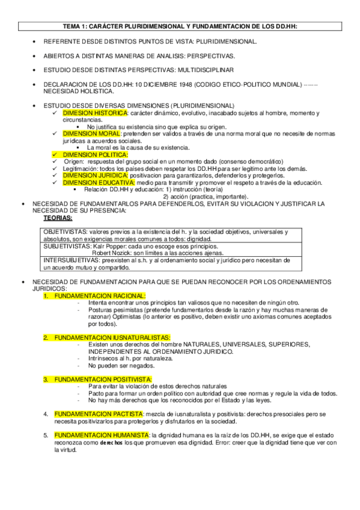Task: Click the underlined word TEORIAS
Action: point(58,218)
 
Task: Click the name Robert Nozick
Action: point(112,253)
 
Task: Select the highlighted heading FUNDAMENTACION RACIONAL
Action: point(99,296)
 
